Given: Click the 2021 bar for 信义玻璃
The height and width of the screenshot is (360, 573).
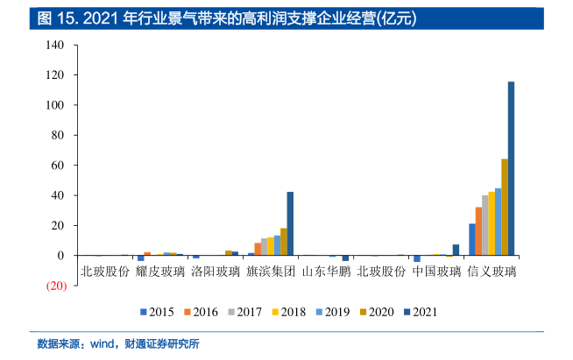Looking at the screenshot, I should click(511, 168).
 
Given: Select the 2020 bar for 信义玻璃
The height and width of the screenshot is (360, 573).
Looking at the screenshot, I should click(505, 207).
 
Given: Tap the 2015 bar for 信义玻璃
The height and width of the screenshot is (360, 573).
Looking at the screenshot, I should click(472, 239).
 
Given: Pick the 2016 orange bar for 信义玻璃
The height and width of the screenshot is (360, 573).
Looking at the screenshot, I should click(478, 231).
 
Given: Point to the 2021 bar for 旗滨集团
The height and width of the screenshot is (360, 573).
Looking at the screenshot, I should click(290, 223).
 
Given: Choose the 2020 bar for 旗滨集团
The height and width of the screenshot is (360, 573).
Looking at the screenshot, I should click(284, 242).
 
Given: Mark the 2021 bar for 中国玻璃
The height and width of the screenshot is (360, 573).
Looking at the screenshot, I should click(456, 250).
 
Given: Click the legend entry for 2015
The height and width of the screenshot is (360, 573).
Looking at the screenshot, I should click(155, 311).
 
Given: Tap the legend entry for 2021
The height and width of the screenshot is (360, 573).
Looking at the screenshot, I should click(419, 311).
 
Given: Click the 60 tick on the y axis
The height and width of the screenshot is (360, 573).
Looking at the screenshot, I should click(60, 166).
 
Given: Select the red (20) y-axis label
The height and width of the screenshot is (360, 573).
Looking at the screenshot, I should click(56, 286).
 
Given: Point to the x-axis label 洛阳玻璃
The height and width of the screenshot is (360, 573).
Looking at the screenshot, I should click(216, 271).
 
